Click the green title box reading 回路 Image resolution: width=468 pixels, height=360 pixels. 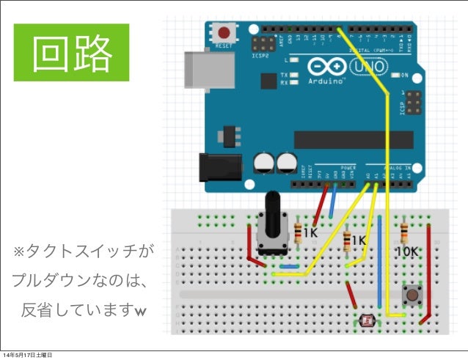[x=72, y=52]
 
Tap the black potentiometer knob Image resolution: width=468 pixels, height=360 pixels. [x=273, y=213]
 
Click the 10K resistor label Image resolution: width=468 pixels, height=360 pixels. [x=406, y=251]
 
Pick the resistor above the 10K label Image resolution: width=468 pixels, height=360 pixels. [x=404, y=233]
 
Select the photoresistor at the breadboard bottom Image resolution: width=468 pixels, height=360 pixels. [x=367, y=320]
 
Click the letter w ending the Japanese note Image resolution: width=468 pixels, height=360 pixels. [x=140, y=313]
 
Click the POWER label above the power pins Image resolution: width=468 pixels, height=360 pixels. [x=348, y=167]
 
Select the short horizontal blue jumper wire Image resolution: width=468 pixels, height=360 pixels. [x=289, y=266]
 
